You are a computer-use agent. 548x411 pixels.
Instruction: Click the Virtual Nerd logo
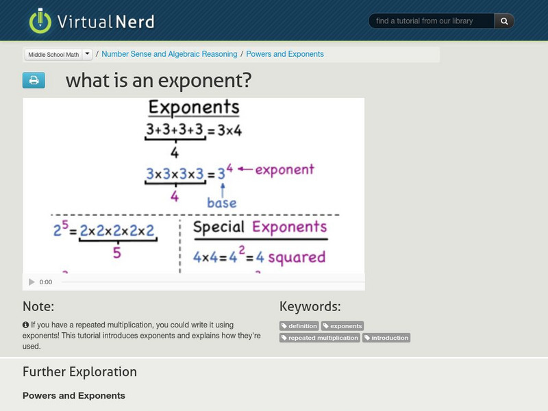pyautogui.click(x=91, y=21)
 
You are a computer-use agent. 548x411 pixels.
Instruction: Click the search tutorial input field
pyautogui.click(x=431, y=21)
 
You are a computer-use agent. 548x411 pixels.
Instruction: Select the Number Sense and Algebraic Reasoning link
pyautogui.click(x=169, y=54)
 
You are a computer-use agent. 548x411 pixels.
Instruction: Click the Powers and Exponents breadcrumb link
pyautogui.click(x=285, y=54)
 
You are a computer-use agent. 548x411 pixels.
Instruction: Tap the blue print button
pyautogui.click(x=34, y=81)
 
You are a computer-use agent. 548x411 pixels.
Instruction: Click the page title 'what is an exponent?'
pyautogui.click(x=158, y=81)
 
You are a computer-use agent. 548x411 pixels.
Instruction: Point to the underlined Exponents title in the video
pyautogui.click(x=194, y=108)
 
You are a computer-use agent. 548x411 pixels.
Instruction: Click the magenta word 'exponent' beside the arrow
pyautogui.click(x=284, y=169)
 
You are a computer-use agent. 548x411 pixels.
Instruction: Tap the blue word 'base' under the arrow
pyautogui.click(x=221, y=203)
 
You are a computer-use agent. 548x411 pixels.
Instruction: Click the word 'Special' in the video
pyautogui.click(x=219, y=227)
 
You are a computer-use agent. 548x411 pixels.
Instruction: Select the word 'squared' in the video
pyautogui.click(x=296, y=258)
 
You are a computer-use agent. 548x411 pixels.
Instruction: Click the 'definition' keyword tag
pyautogui.click(x=299, y=326)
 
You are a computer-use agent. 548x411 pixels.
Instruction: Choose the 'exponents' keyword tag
pyautogui.click(x=342, y=326)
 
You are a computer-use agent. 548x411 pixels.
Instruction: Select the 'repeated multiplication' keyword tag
pyautogui.click(x=319, y=338)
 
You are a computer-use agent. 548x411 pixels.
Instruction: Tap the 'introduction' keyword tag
pyautogui.click(x=386, y=338)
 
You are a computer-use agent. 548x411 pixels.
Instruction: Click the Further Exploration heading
pyautogui.click(x=79, y=372)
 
